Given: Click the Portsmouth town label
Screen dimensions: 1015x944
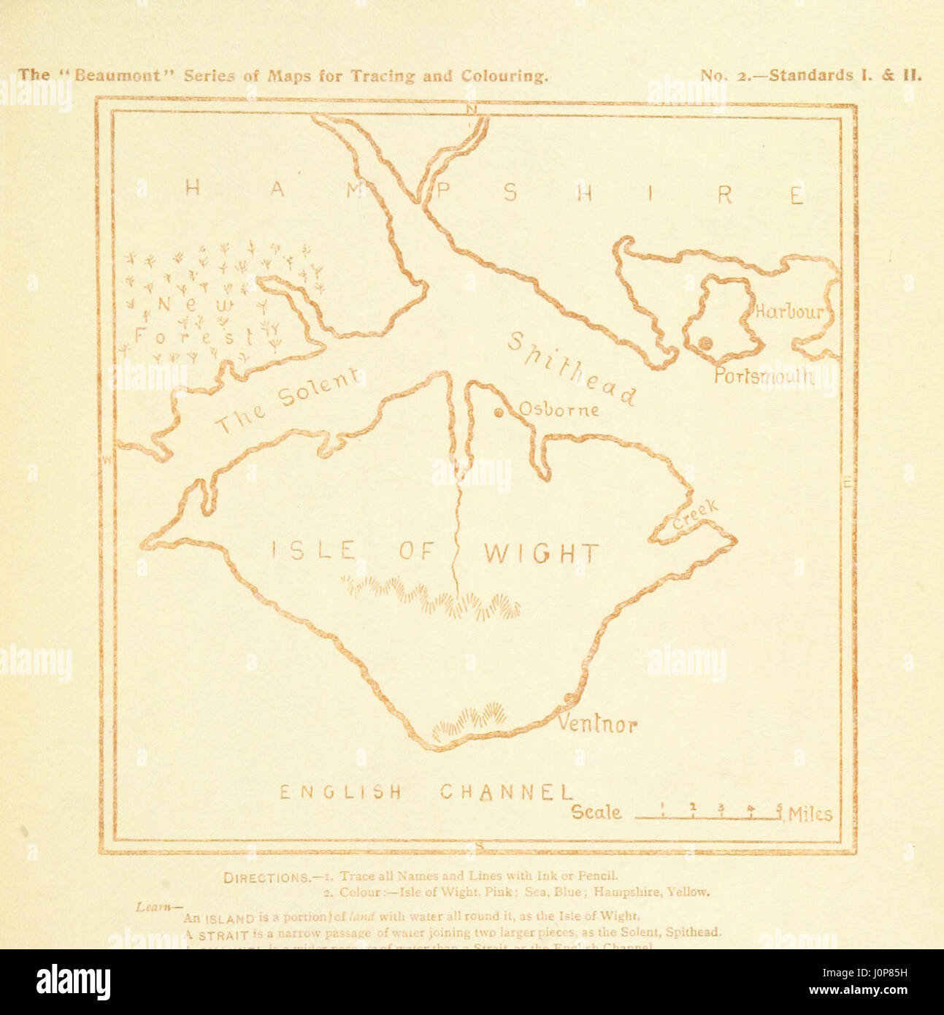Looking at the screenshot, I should coord(763,376).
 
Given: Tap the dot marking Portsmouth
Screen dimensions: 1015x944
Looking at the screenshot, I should coord(705,342).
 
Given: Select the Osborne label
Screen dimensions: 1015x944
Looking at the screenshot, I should coord(559,410).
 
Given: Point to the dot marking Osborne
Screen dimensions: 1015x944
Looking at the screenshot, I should coord(499,414).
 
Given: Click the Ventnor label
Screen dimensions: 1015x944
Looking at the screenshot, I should coord(597,724).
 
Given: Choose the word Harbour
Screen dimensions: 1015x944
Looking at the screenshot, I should coord(788,312).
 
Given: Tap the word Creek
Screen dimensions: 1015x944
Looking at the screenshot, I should coord(696,515).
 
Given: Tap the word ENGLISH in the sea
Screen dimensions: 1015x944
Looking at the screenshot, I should coord(341,792).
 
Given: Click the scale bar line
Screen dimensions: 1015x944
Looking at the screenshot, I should coord(708,819).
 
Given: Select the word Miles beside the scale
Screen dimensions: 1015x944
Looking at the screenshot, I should coord(810,814).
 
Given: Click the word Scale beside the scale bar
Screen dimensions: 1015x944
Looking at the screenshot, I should coord(596,812).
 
